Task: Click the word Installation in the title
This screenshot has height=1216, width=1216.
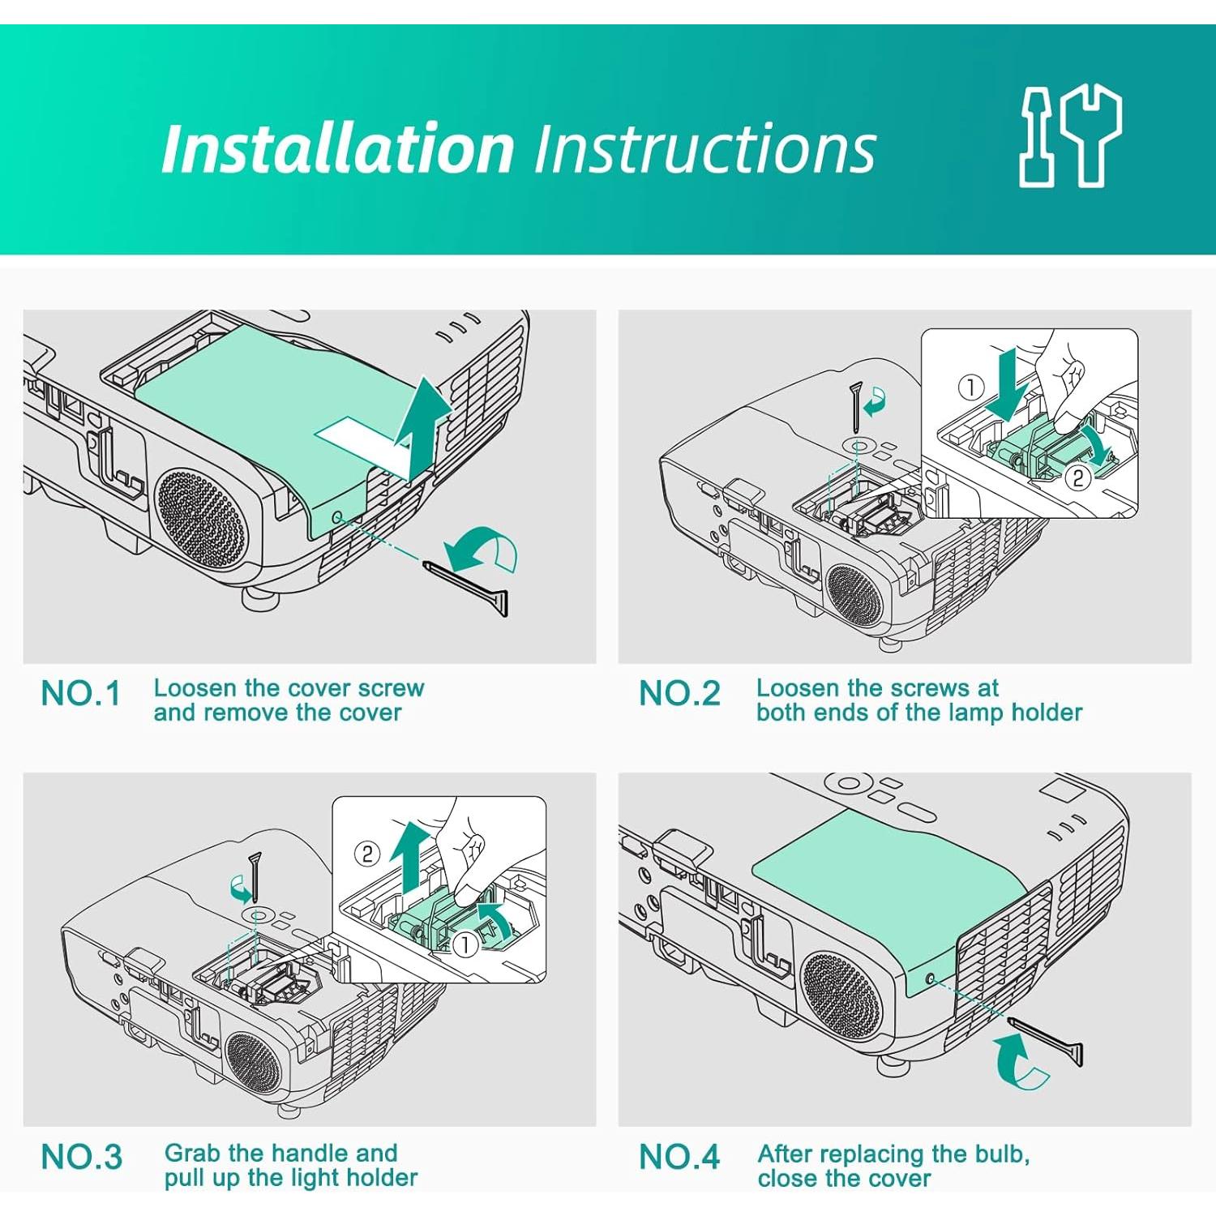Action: pyautogui.click(x=338, y=148)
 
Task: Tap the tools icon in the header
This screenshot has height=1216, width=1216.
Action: pyautogui.click(x=1070, y=136)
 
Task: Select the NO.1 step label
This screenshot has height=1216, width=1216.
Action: pyautogui.click(x=80, y=694)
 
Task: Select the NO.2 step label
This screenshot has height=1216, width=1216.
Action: pyautogui.click(x=679, y=694)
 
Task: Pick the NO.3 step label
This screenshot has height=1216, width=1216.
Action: pyautogui.click(x=81, y=1157)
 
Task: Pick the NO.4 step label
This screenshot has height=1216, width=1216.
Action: pyautogui.click(x=679, y=1157)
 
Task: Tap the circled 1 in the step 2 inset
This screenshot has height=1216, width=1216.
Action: pyautogui.click(x=970, y=387)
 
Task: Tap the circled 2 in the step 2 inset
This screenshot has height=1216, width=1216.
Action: pyautogui.click(x=1077, y=478)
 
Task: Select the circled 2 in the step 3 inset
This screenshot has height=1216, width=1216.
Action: pyautogui.click(x=367, y=854)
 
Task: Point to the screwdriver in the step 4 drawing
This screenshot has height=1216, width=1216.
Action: pyautogui.click(x=1046, y=1042)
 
